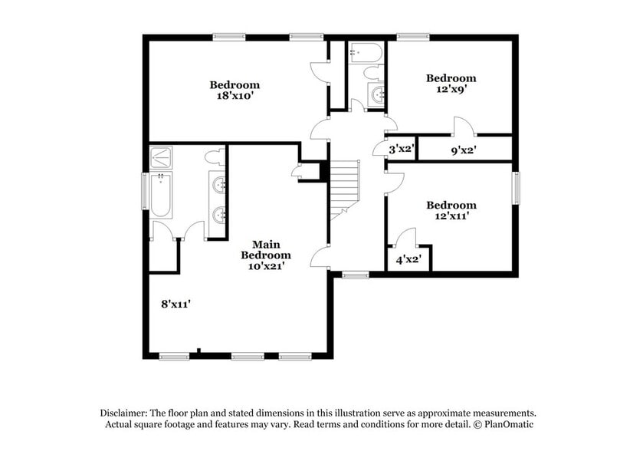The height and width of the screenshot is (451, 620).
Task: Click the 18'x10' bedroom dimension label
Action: tap(235, 97)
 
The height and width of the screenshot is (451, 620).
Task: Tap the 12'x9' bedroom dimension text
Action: tap(451, 90)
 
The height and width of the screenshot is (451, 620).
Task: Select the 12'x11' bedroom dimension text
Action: tap(451, 217)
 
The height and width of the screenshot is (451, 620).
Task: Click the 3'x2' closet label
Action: tap(402, 150)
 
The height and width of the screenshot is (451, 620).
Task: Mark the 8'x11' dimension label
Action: tap(175, 304)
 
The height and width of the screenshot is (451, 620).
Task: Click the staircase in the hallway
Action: tap(346, 188)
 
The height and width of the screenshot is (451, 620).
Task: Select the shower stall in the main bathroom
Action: tap(162, 157)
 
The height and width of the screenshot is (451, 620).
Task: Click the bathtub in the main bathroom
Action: tap(161, 196)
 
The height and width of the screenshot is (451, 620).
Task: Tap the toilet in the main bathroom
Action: tap(215, 157)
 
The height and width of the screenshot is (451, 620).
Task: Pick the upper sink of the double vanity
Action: tap(219, 184)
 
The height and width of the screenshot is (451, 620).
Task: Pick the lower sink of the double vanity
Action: tap(219, 214)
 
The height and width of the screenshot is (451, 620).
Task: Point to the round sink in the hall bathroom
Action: tap(377, 95)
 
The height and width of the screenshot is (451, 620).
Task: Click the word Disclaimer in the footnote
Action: tap(124, 412)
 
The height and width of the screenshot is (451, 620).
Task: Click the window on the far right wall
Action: tap(517, 189)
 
